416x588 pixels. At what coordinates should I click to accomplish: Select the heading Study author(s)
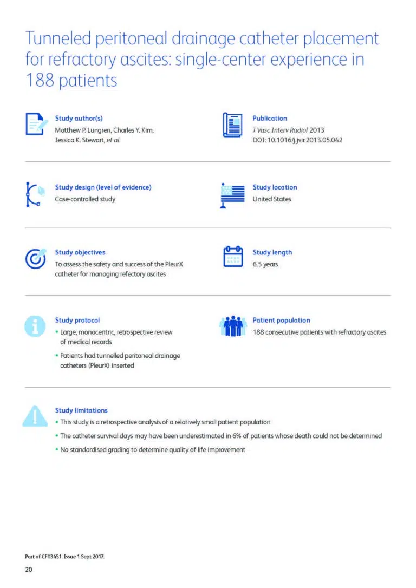pyautogui.click(x=79, y=118)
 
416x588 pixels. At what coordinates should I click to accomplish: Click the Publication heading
pyautogui.click(x=270, y=118)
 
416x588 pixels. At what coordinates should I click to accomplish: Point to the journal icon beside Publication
pyautogui.click(x=233, y=125)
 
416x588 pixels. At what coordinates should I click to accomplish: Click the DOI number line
pyautogui.click(x=297, y=140)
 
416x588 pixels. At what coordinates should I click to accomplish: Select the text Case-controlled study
pyautogui.click(x=85, y=199)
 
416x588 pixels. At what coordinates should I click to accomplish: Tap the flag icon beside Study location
pyautogui.click(x=233, y=195)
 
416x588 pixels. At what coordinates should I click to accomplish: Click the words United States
pyautogui.click(x=271, y=199)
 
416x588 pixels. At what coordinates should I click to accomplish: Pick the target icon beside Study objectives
pyautogui.click(x=36, y=258)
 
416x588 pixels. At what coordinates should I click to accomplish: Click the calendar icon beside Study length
pyautogui.click(x=233, y=257)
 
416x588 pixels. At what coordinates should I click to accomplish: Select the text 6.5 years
pyautogui.click(x=265, y=264)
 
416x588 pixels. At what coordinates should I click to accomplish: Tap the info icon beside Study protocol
pyautogui.click(x=35, y=326)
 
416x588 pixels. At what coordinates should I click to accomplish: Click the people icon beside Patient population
pyautogui.click(x=233, y=325)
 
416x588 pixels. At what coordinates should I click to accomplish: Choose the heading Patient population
pyautogui.click(x=281, y=320)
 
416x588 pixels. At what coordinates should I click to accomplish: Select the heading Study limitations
pyautogui.click(x=81, y=410)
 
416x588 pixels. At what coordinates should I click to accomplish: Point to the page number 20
pyautogui.click(x=29, y=569)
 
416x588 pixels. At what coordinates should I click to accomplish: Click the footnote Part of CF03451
pyautogui.click(x=64, y=556)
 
